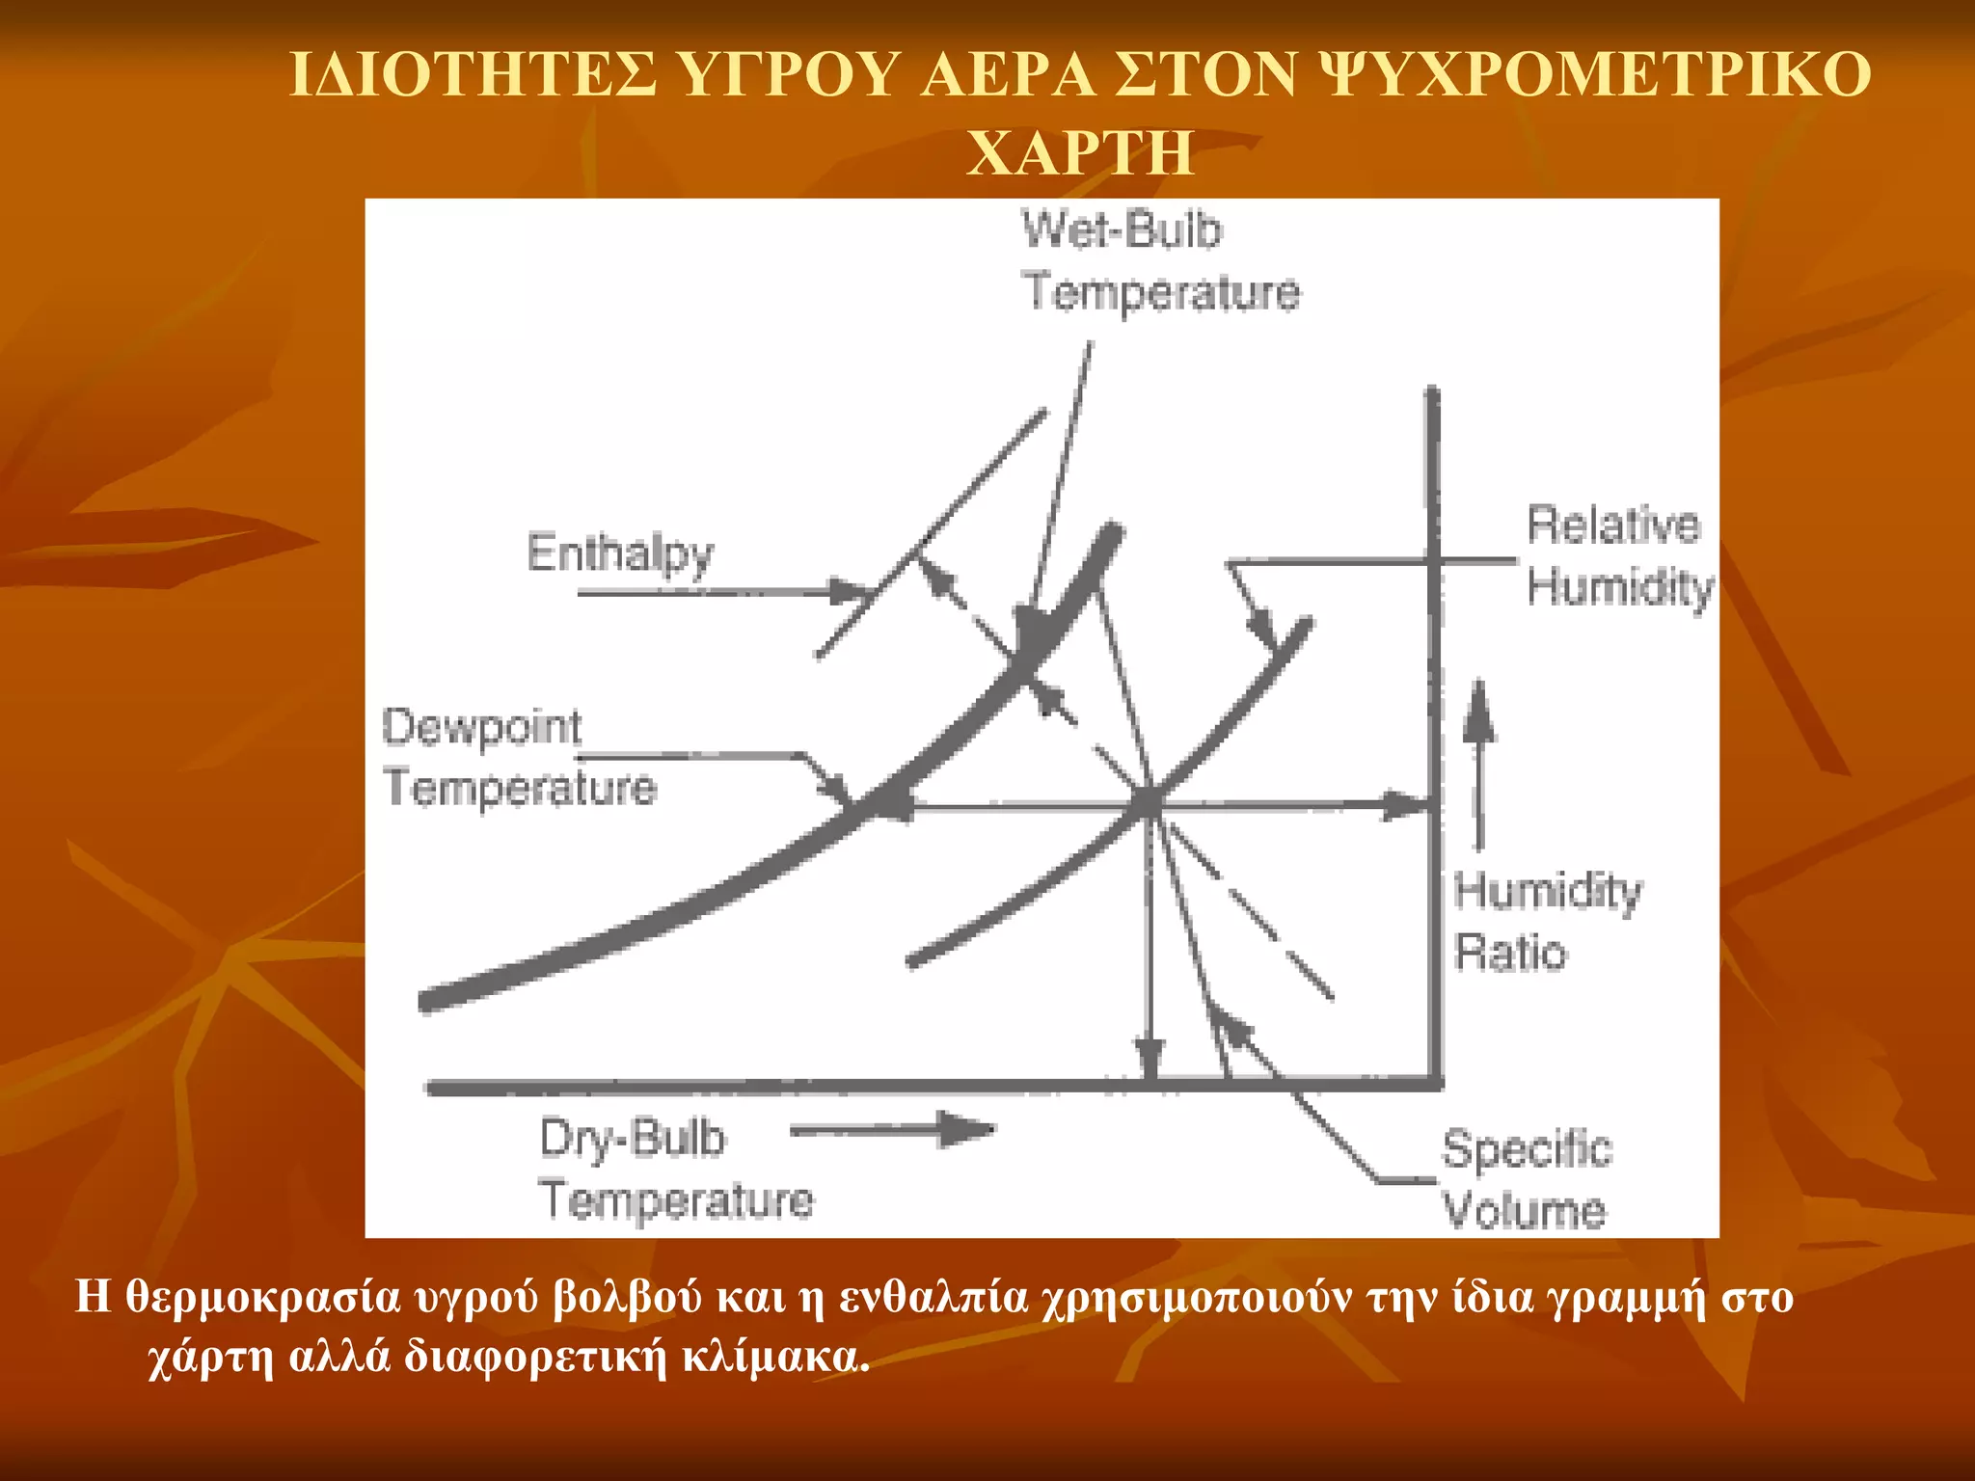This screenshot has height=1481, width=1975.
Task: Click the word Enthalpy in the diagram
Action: tap(620, 553)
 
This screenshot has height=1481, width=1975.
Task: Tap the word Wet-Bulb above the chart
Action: tap(1122, 231)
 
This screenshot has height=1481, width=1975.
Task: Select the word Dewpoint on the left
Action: tap(482, 727)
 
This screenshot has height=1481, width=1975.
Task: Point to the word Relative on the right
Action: tap(1613, 525)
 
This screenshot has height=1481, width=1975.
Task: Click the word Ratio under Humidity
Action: tap(1510, 953)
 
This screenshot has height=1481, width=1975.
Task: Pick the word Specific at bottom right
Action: tap(1527, 1149)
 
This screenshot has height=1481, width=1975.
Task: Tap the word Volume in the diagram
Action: tap(1524, 1210)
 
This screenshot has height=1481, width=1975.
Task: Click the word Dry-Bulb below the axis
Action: tap(632, 1139)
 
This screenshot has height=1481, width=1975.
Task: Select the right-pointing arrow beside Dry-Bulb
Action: tap(892, 1130)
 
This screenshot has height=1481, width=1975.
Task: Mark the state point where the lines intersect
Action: tap(1150, 803)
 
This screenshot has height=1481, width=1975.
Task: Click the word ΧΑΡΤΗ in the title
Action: tap(1080, 152)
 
